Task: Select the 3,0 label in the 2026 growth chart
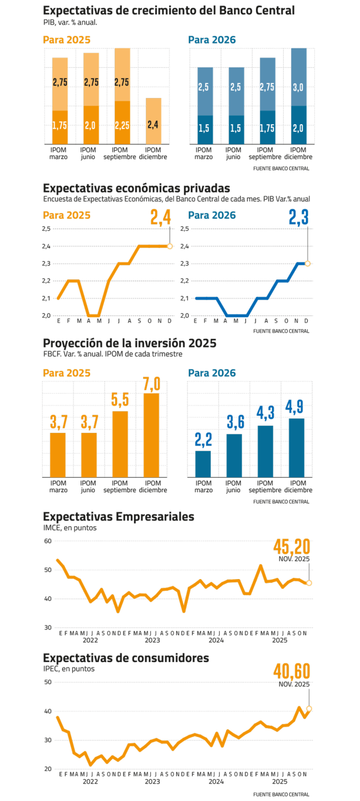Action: (x=298, y=87)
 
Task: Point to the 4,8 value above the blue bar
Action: (x=297, y=408)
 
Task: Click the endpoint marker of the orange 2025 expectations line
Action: (x=170, y=246)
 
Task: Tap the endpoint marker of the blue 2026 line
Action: (x=308, y=263)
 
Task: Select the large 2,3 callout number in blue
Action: (x=299, y=218)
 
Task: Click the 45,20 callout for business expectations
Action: (x=292, y=547)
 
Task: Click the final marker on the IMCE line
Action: (x=309, y=583)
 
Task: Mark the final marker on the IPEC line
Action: (x=309, y=708)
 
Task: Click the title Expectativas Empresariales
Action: (x=119, y=517)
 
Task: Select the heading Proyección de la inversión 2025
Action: (x=130, y=343)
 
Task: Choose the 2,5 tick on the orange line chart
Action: (x=47, y=229)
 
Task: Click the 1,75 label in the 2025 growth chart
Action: (x=60, y=125)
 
